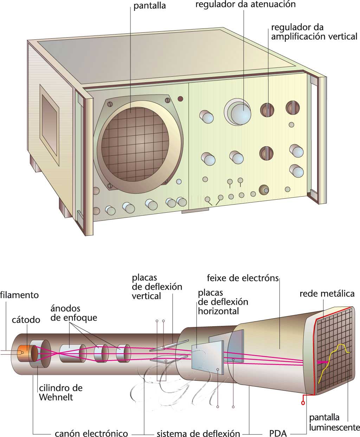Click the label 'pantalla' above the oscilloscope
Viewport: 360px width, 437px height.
[150, 6]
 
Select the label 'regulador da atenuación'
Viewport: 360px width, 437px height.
[245, 5]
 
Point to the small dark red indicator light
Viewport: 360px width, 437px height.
[181, 98]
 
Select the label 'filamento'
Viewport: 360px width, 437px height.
[19, 295]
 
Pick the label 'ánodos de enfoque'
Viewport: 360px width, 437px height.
[73, 313]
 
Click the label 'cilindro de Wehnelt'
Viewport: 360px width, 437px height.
[60, 393]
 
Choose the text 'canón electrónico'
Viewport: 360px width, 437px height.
[91, 433]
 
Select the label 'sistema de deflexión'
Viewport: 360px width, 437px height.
[198, 433]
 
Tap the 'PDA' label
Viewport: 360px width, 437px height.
[278, 433]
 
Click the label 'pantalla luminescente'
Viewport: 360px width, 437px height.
[334, 422]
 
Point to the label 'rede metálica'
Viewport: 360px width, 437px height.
[327, 294]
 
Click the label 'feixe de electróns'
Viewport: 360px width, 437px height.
[243, 278]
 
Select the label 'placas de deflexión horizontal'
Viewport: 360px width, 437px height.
[223, 302]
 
